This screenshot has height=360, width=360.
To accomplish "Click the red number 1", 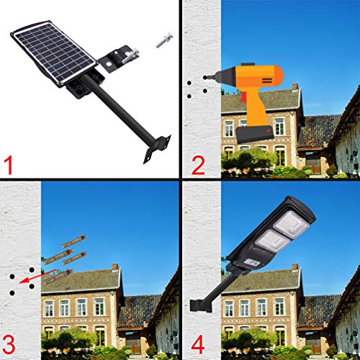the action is [9, 165].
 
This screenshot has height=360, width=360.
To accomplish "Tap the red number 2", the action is [198, 165].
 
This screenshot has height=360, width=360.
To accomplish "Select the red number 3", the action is [9, 345].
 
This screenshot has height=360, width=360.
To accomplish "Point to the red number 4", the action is [198, 345].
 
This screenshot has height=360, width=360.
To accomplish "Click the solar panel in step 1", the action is [55, 53].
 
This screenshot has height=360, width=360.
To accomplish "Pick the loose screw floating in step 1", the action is [164, 40].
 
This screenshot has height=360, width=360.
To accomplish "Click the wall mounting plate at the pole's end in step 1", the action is [158, 149].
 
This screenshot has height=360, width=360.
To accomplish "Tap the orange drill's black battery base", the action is [254, 134].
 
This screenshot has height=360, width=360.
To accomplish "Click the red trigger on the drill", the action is [243, 96].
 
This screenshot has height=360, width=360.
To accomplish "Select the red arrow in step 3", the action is [37, 276].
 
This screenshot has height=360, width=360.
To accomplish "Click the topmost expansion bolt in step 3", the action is [75, 241].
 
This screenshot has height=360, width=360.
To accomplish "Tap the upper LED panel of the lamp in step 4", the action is [291, 225].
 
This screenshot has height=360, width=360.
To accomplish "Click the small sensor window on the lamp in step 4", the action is [251, 264].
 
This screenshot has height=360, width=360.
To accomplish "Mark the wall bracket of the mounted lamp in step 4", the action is [197, 305].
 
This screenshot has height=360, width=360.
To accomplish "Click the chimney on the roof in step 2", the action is [295, 86].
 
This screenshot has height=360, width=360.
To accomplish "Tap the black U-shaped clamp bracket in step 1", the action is [119, 58].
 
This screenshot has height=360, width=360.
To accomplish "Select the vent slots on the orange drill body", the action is [267, 80].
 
